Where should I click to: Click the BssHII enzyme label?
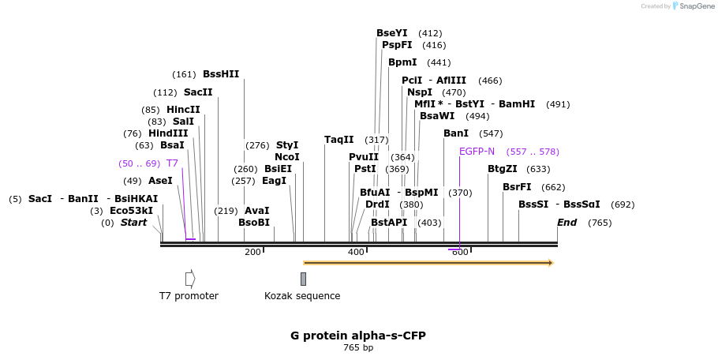pyautogui.click(x=221, y=74)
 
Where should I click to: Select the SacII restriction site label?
pyautogui.click(x=198, y=92)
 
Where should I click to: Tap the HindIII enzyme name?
pyautogui.click(x=168, y=133)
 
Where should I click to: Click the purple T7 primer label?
pyautogui.click(x=172, y=163)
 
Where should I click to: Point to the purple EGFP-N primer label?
pyautogui.click(x=477, y=152)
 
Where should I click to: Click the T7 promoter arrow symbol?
pyautogui.click(x=190, y=279)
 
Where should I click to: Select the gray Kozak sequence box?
pyautogui.click(x=303, y=279)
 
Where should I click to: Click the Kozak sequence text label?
pyautogui.click(x=302, y=296)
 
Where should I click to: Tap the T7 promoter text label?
pyautogui.click(x=189, y=296)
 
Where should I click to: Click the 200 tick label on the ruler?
pyautogui.click(x=252, y=252)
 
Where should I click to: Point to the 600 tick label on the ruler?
pyautogui.click(x=460, y=252)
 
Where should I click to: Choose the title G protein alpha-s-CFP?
pyautogui.click(x=358, y=336)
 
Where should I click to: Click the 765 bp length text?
pyautogui.click(x=358, y=347)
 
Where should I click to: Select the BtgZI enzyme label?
pyautogui.click(x=503, y=169)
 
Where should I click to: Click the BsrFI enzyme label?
pyautogui.click(x=517, y=187)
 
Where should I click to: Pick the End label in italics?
pyautogui.click(x=567, y=223)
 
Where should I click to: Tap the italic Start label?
pyautogui.click(x=133, y=223)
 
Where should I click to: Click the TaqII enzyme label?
pyautogui.click(x=339, y=140)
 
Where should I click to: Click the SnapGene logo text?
pyautogui.click(x=697, y=6)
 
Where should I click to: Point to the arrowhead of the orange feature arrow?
pyautogui.click(x=552, y=262)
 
